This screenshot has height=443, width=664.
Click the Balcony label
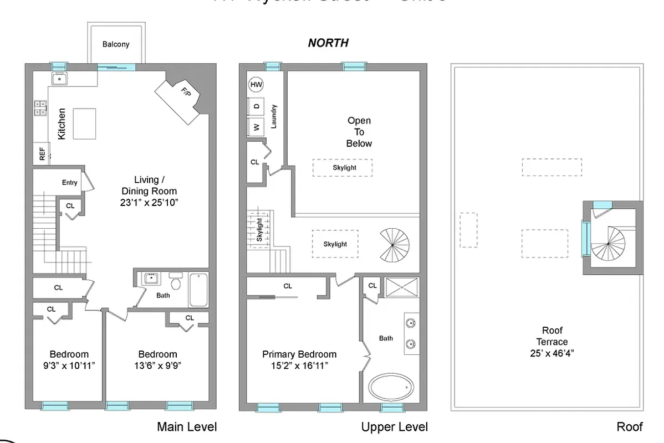[116, 44]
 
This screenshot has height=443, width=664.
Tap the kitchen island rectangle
[84, 123]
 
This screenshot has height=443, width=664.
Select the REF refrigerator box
[42, 153]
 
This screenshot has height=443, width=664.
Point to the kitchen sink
[59, 79]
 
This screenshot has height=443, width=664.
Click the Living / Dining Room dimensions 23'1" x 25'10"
[149, 203]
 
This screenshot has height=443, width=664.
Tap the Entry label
[70, 183]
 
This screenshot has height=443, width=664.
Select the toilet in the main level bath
[176, 283]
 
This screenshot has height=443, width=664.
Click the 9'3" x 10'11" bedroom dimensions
[69, 365]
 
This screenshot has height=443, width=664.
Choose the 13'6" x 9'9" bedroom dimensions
[157, 365]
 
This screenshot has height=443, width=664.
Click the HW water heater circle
[256, 85]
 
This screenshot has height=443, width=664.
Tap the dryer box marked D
[256, 106]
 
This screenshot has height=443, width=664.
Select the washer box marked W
[256, 127]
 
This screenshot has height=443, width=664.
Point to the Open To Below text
[359, 132]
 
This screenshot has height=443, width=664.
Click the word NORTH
[328, 43]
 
